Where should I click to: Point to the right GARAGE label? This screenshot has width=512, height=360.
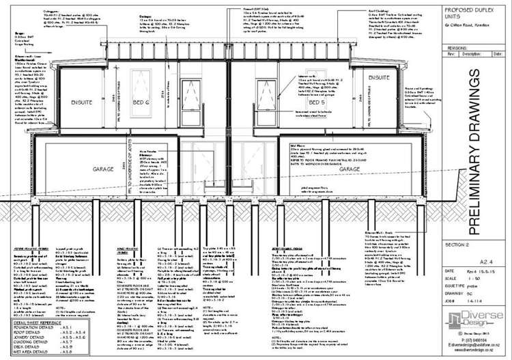pos(350,168)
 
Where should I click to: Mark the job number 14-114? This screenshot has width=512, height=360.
pos(483,299)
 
